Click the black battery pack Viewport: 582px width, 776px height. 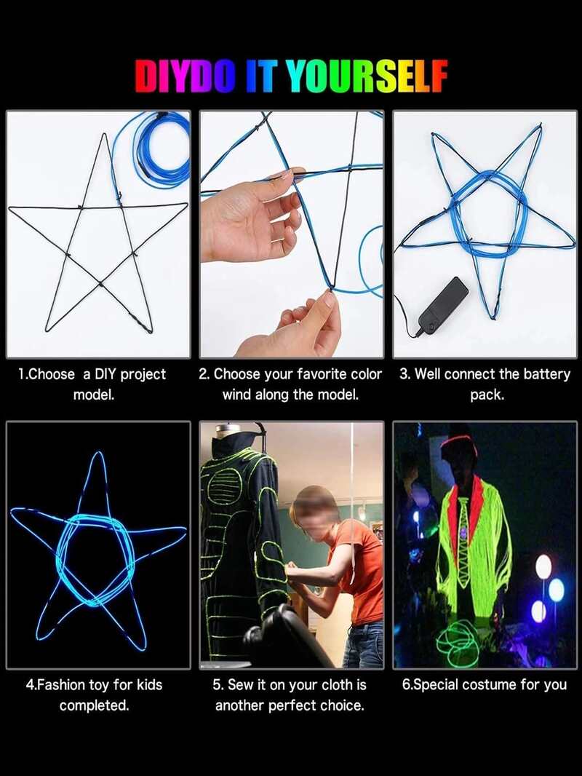443,305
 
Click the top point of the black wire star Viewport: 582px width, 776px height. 104,134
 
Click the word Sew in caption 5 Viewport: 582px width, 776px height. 240,685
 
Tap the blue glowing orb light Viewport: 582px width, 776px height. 557,589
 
